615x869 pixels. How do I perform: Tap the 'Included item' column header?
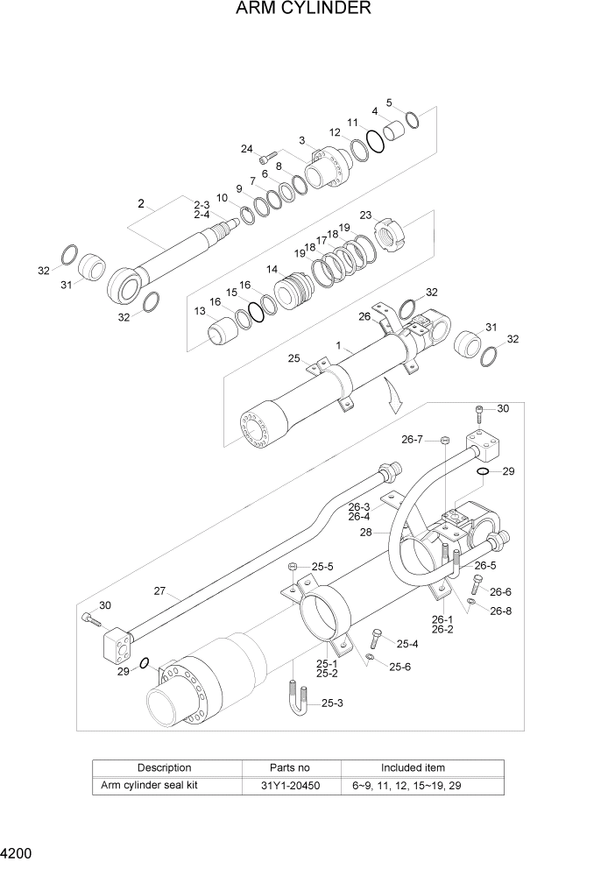(412, 767)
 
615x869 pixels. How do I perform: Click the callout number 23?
(365, 215)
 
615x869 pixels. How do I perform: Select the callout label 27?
(159, 590)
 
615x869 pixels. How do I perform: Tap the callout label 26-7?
(413, 439)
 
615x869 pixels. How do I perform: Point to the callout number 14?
(272, 270)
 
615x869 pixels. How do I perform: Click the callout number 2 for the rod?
(140, 203)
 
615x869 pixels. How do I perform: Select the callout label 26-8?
(500, 611)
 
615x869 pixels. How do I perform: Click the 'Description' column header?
(164, 767)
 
